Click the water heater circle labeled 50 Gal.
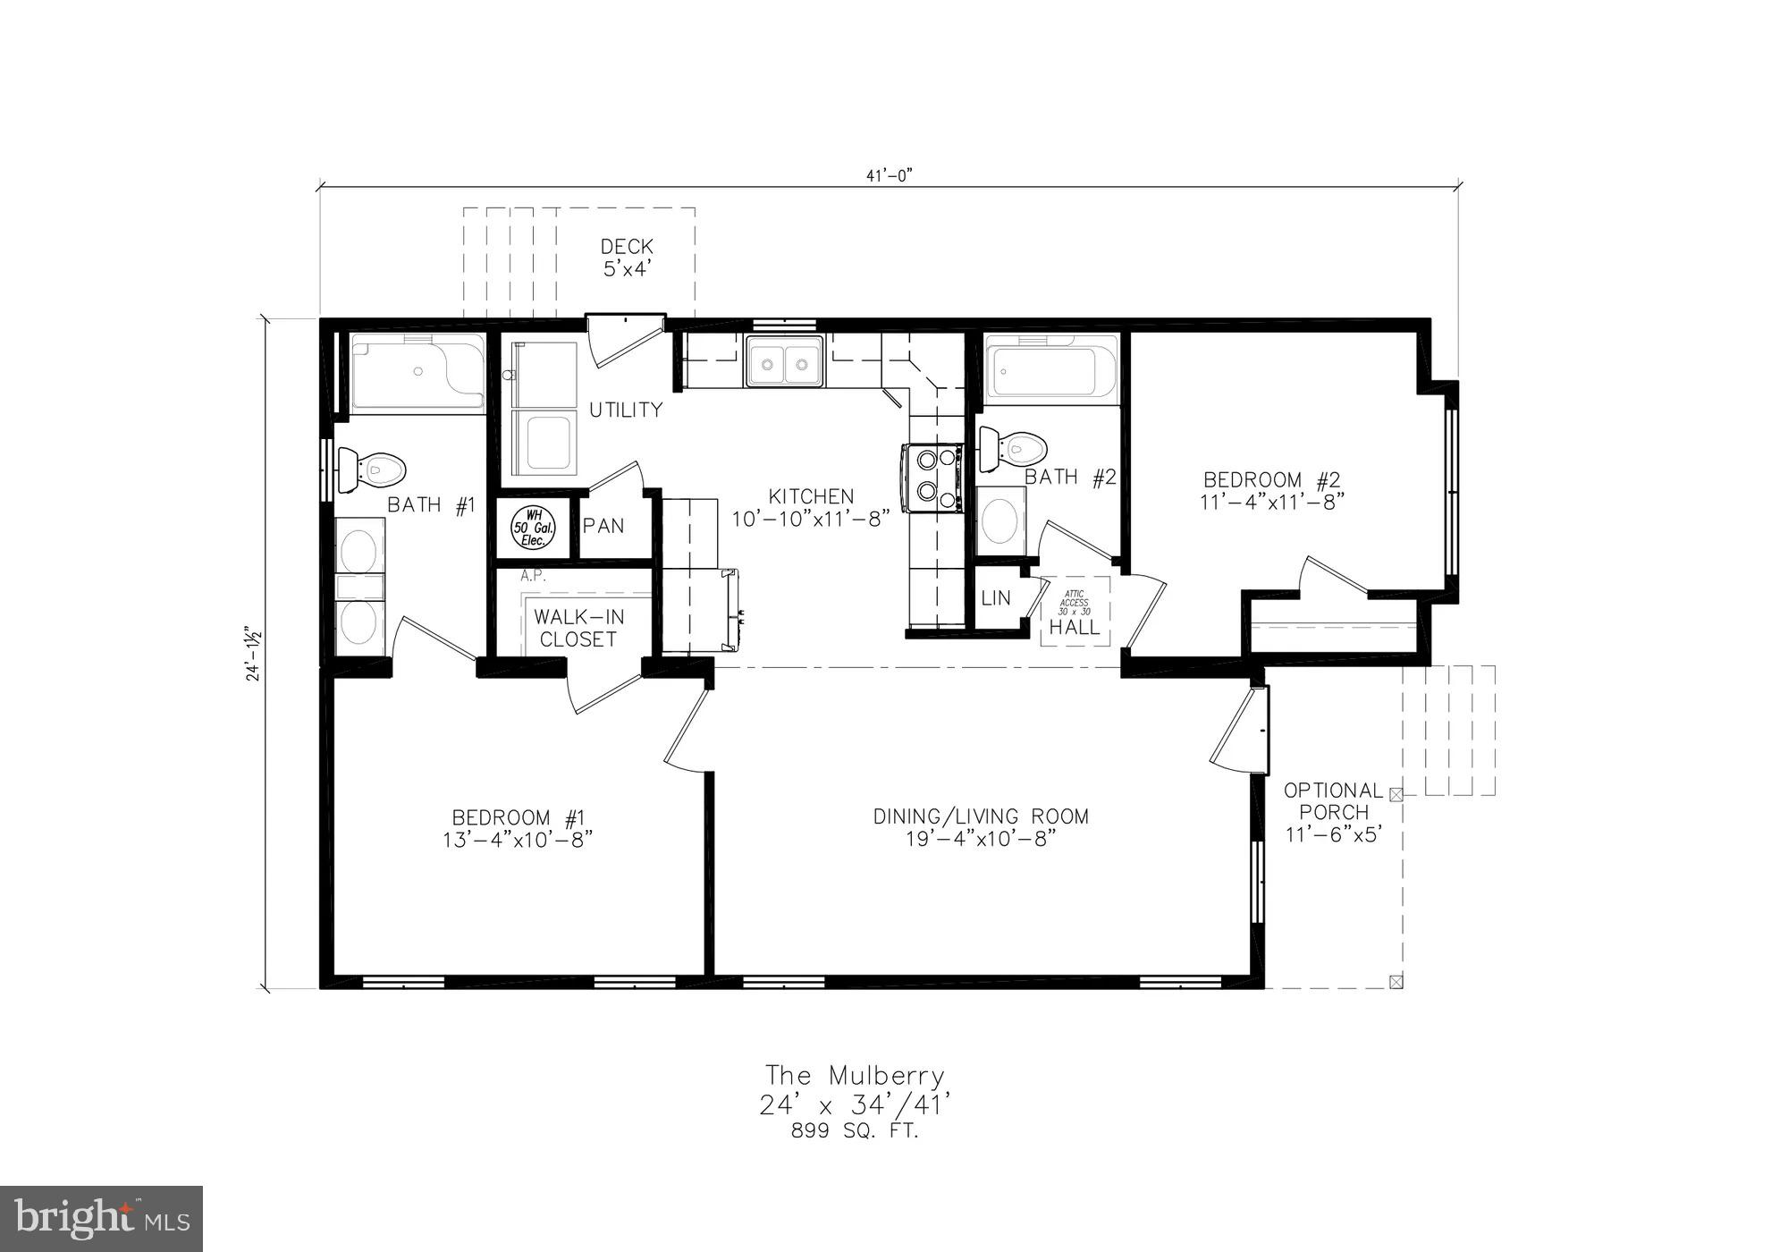(534, 528)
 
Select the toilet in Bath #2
(1012, 448)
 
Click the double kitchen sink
(785, 362)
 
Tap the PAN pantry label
(603, 526)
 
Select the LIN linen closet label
(995, 598)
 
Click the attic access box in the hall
(1075, 611)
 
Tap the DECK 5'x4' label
(627, 257)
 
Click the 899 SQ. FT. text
(854, 1131)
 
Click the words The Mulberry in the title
(854, 1075)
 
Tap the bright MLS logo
(101, 1218)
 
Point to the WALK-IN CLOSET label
(578, 628)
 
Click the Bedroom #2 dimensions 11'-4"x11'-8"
(1271, 503)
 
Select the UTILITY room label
(626, 410)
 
